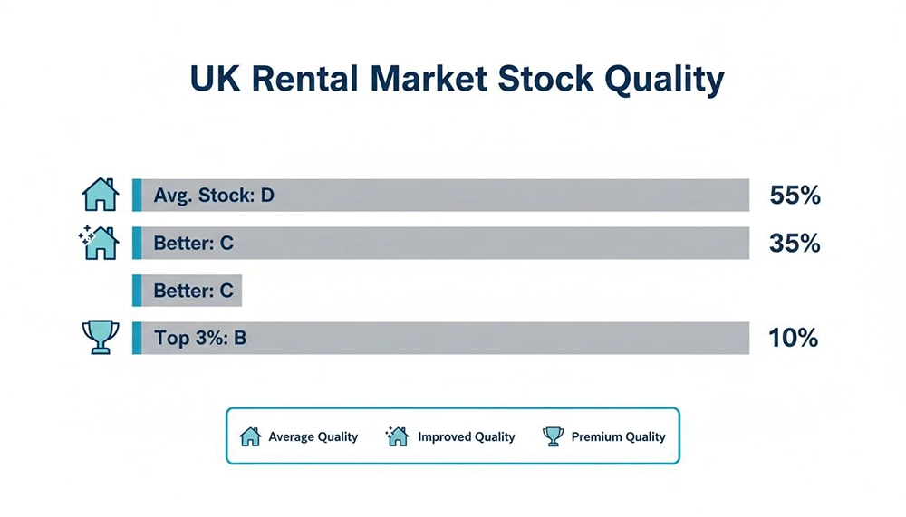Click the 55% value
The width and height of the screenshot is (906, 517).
coord(794,196)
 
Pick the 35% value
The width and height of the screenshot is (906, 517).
coord(794,244)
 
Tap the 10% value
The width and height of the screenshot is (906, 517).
coord(793,339)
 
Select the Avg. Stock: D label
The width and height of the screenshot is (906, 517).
coord(214,195)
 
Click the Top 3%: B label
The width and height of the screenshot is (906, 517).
coord(200,339)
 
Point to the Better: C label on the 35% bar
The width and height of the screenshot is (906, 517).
coord(194,244)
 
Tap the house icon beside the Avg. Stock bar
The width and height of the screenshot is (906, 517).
coord(100,195)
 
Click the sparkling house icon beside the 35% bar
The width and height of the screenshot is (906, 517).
coord(99,243)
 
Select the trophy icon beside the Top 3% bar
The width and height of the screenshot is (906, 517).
coord(100,338)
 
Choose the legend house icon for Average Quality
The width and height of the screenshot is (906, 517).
coord(250,436)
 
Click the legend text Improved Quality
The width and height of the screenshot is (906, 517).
coord(466,436)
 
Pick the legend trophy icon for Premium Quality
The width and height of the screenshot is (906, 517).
coord(552,436)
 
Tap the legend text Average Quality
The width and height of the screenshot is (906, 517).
coord(313,436)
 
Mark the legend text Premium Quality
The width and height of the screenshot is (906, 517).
coord(618,436)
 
